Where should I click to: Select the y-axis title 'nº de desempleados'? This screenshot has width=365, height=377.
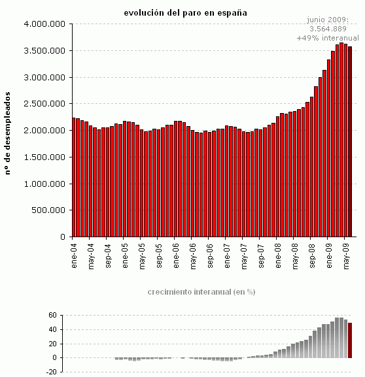[9, 132]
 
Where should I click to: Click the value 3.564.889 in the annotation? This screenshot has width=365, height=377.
[327, 29]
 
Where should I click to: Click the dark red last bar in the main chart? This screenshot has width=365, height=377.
[351, 141]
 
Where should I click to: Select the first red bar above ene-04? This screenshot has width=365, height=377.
[75, 177]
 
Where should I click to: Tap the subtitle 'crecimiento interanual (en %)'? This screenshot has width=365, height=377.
[201, 291]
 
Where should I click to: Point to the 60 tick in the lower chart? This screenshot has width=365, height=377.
[54, 316]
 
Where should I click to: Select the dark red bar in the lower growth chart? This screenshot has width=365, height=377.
[350, 340]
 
